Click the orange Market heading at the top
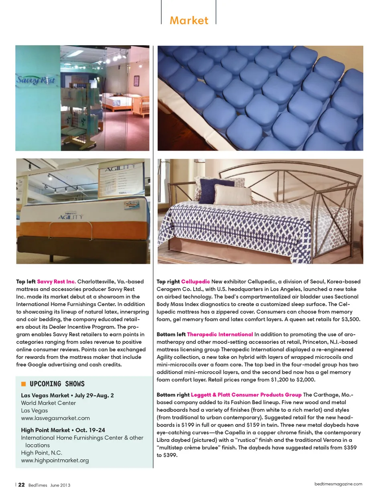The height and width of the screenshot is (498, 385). [189, 20]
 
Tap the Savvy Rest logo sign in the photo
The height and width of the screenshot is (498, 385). [36, 80]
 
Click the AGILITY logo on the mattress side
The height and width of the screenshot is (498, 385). [71, 217]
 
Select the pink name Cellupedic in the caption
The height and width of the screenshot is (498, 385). [195, 281]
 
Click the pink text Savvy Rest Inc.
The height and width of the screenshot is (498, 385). [56, 281]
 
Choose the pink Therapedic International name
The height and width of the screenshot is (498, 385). [220, 334]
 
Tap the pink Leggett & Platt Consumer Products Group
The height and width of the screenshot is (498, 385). [246, 395]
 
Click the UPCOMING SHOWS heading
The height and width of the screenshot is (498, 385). [57, 384]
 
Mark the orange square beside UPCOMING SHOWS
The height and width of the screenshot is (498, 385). [23, 384]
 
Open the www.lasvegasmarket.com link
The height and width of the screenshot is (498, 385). [55, 418]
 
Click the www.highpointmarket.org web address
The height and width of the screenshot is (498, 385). [55, 460]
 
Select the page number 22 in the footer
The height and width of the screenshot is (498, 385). [21, 485]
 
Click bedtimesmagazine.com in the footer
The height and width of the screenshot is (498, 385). [338, 484]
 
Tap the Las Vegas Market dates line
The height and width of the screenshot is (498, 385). [67, 395]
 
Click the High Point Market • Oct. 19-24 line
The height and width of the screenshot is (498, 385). [63, 430]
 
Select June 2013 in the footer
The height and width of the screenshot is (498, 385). [60, 485]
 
